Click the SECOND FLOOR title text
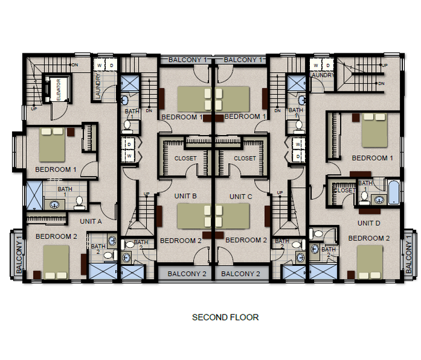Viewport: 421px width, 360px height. pos(225,317)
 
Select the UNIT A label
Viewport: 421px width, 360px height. pos(91,221)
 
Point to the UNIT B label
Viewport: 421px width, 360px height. pos(186,196)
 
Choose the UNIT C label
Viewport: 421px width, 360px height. pos(241,196)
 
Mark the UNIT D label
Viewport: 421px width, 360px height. pos(369,223)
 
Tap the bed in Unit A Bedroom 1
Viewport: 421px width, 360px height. pos(52,144)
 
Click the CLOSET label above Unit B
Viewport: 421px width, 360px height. pos(186,158)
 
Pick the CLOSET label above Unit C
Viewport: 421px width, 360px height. pos(244,158)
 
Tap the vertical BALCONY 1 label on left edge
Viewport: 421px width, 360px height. pos(19,256)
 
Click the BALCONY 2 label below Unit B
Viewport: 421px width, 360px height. pos(187,274)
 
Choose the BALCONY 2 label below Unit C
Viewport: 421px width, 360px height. pos(241,274)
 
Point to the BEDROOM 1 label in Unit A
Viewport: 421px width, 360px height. pos(56,170)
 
